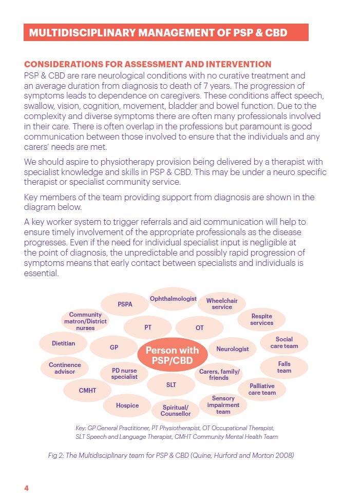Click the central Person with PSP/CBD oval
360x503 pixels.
pyautogui.click(x=172, y=356)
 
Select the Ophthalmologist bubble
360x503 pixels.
pyautogui.click(x=173, y=299)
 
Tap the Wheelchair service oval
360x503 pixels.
pyautogui.click(x=222, y=304)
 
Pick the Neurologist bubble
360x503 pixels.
pyautogui.click(x=232, y=349)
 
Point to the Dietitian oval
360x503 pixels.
pyautogui.click(x=63, y=343)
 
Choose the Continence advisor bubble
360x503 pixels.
pyautogui.click(x=65, y=368)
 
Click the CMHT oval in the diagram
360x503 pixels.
pyautogui.click(x=87, y=391)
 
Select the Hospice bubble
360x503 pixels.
pyautogui.click(x=127, y=405)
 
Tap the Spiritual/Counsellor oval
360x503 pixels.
pyautogui.click(x=176, y=411)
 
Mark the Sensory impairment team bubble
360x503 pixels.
pyautogui.click(x=223, y=405)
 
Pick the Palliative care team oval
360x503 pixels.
pyautogui.click(x=262, y=389)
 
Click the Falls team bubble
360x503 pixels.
pyautogui.click(x=284, y=367)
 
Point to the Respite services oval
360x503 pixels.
pyautogui.click(x=261, y=319)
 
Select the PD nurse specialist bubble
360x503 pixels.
pyautogui.click(x=124, y=373)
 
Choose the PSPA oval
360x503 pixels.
pyautogui.click(x=125, y=304)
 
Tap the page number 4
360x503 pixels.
pyautogui.click(x=26, y=488)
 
